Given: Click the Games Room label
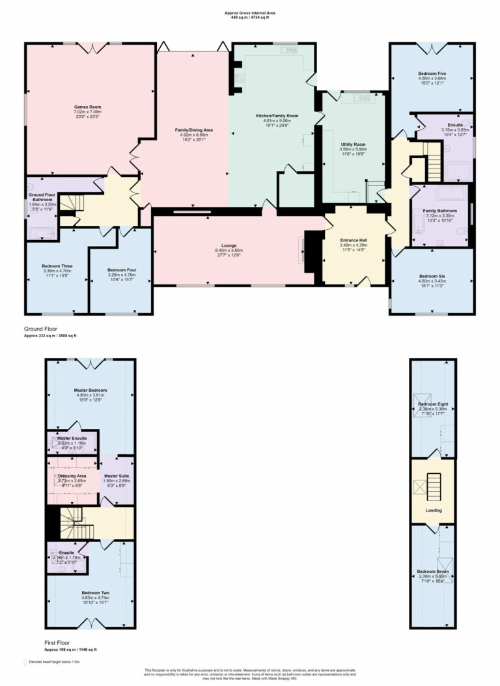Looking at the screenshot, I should click(x=87, y=107).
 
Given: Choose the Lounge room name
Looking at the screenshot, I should click(x=229, y=245).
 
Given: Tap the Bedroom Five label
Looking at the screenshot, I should click(x=432, y=74).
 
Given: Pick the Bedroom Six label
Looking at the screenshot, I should click(x=432, y=275).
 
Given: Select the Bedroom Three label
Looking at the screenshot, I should click(x=57, y=266).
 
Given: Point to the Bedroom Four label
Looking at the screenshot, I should click(x=120, y=269).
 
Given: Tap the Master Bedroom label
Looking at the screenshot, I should click(x=90, y=390).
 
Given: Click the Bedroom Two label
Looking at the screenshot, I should click(x=95, y=593).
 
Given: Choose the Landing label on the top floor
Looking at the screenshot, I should click(x=434, y=510).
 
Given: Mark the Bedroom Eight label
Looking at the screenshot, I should click(x=432, y=404).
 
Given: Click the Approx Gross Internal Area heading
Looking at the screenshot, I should click(x=249, y=12).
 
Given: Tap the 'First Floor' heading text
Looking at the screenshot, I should click(x=56, y=642).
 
